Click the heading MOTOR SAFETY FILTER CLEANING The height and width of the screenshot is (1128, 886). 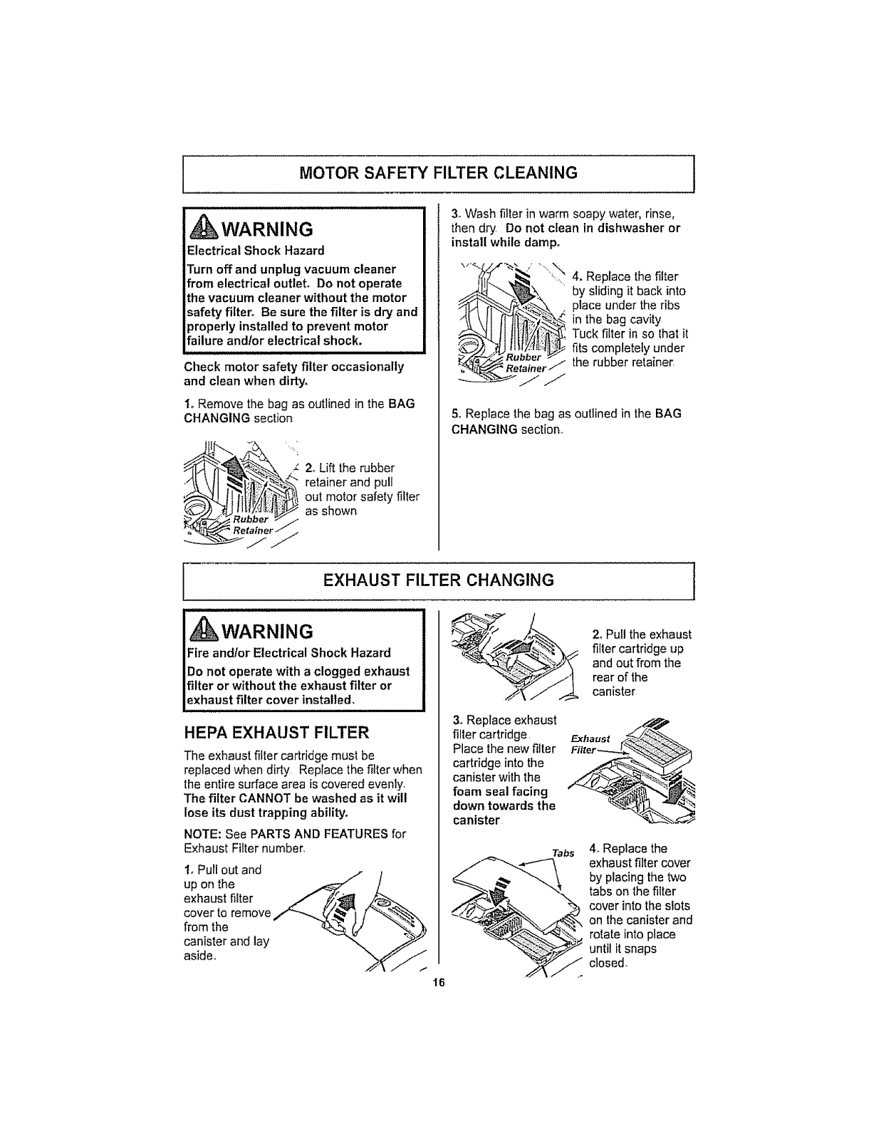pyautogui.click(x=437, y=173)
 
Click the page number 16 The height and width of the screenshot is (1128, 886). pyautogui.click(x=437, y=983)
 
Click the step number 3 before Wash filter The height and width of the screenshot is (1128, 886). pyautogui.click(x=455, y=214)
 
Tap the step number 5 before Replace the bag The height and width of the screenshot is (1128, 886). pyautogui.click(x=455, y=413)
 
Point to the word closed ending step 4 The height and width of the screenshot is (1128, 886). pyautogui.click(x=607, y=963)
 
